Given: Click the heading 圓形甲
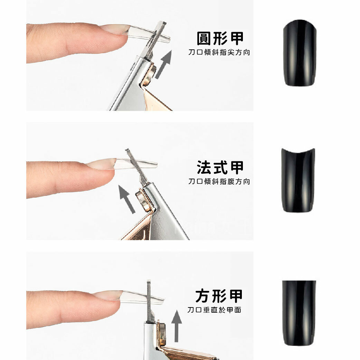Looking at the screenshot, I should click(x=220, y=38).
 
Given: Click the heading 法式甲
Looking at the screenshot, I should click(x=220, y=167).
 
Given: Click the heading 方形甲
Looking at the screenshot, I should click(x=219, y=296).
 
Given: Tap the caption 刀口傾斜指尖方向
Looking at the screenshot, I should click(x=219, y=53).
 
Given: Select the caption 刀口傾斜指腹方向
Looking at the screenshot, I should click(x=219, y=181).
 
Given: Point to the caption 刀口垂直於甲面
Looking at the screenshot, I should click(x=214, y=310).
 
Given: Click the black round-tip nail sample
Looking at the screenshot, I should click(x=300, y=53).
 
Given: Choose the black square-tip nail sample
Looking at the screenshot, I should click(x=299, y=313).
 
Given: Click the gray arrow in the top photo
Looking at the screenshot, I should click(x=163, y=64).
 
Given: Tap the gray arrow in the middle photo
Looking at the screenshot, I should click(x=127, y=199).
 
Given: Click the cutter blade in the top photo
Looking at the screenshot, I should click(x=156, y=39).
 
